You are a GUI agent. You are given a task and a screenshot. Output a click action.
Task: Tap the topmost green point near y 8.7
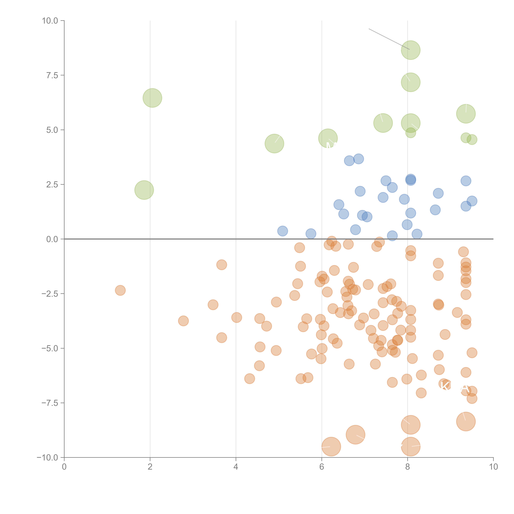[410, 50]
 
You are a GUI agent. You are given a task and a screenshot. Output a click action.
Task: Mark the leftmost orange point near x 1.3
[120, 290]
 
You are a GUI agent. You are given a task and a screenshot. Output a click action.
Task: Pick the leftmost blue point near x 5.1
[282, 231]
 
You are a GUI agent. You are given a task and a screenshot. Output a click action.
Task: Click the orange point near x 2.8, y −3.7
[183, 321]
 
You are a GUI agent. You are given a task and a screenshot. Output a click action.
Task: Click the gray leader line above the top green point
[383, 36]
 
